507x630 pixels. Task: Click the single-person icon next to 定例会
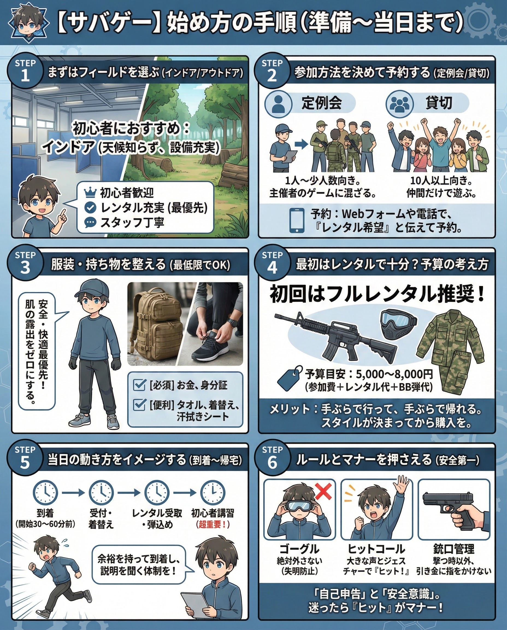click(278, 103)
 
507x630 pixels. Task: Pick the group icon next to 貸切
click(399, 103)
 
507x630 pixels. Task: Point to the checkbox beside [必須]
click(139, 385)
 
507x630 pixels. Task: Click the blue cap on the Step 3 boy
click(92, 288)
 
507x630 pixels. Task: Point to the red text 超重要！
click(213, 524)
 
